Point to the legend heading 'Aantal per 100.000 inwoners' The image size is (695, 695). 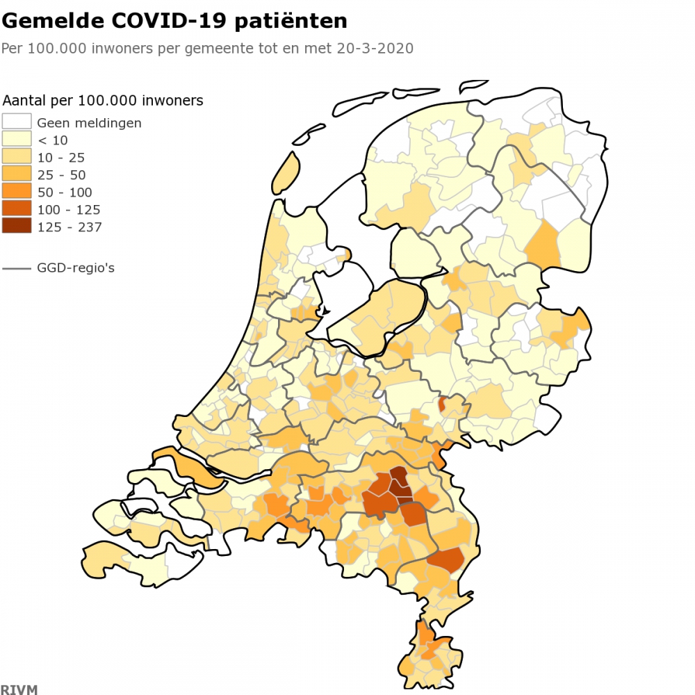click(103, 101)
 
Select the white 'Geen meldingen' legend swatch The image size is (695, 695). click(17, 122)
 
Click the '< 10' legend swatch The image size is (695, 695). click(17, 140)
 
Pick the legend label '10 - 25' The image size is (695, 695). click(60, 157)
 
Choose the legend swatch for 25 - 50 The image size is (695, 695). click(17, 174)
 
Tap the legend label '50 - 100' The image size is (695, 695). click(64, 192)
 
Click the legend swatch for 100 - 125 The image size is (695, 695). click(17, 209)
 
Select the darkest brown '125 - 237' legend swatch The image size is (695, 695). click(17, 227)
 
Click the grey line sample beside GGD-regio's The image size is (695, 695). click(17, 268)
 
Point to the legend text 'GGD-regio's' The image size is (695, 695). click(76, 268)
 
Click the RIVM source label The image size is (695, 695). click(19, 689)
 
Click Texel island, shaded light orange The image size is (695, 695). click(285, 174)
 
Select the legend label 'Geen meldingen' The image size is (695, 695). click(89, 122)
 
